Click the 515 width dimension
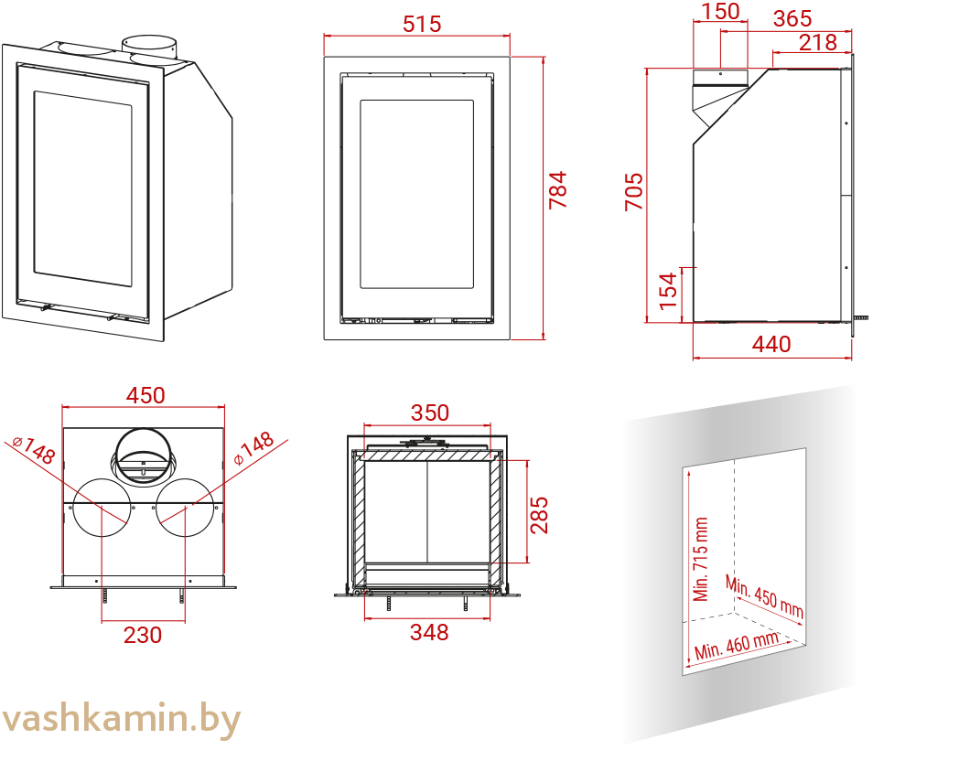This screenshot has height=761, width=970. pos(422,24)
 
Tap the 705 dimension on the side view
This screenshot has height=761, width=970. pos(634,192)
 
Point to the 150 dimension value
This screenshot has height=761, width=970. pos(721,13)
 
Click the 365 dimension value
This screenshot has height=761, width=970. pos(792,19)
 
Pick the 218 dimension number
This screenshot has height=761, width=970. pos(817,42)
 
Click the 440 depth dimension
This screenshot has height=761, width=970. pos(771,344)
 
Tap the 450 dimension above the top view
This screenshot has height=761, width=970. pos(145,395)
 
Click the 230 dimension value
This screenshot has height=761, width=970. pos(143,634)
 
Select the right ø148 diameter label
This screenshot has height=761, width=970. pos(253,448)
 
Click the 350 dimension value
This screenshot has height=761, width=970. pos(430,413)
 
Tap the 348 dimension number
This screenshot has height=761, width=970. pos(429,632)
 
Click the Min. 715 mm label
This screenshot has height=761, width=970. pos(701,559)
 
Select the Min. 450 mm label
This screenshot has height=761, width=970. pos(764,595)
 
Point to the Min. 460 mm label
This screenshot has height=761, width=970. pos(737,646)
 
